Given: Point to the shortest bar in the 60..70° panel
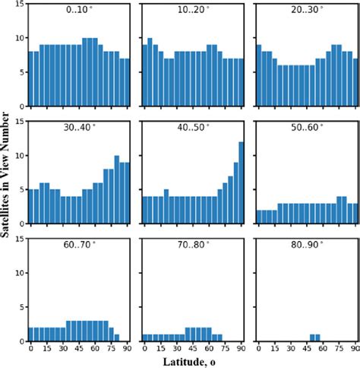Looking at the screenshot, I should (x=117, y=336).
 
